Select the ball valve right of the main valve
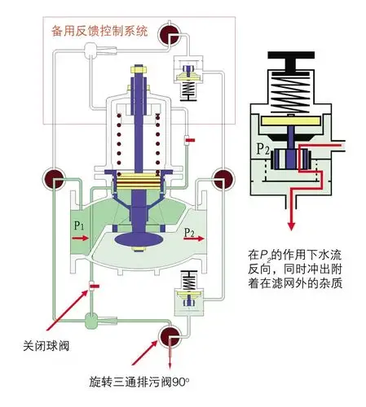coord(219,178)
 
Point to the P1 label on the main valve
coord(79,225)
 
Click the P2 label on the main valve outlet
coord(189,233)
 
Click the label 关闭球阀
coord(46,345)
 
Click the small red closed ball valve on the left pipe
coord(95,286)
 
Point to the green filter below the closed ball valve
coord(92,316)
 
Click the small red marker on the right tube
coord(189,142)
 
